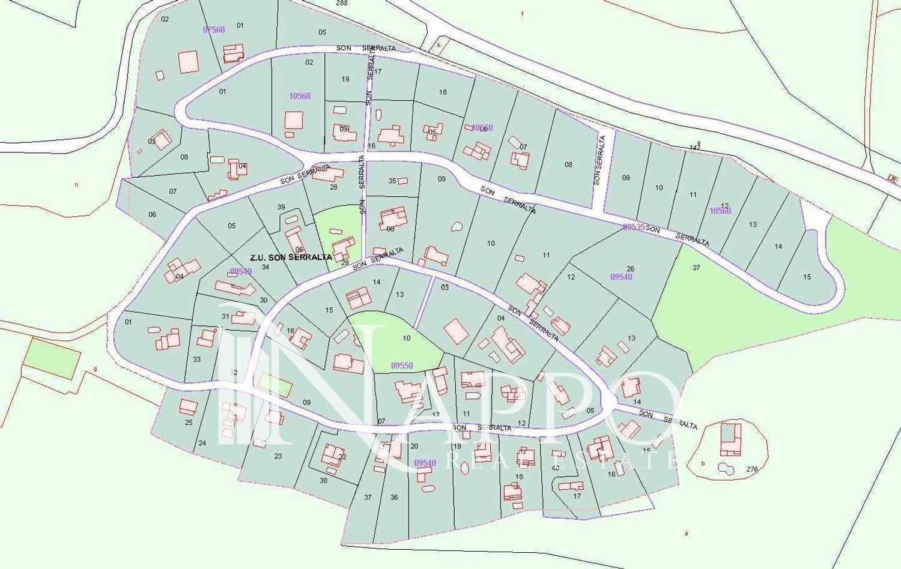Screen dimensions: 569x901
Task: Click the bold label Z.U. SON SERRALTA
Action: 291,257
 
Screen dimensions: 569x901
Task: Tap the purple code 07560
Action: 214,29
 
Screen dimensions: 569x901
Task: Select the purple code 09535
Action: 633,227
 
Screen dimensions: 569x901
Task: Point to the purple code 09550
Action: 402,365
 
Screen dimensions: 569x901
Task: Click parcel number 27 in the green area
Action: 696,268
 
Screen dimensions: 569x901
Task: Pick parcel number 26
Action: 630,268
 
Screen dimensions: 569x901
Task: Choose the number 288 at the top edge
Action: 342,3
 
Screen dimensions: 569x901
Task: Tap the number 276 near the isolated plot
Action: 752,469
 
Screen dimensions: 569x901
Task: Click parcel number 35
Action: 392,181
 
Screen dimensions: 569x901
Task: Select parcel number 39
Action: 281,207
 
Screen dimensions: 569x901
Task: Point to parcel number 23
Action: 278,456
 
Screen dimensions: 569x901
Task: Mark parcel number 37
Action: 368,497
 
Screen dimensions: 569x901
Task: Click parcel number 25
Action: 189,423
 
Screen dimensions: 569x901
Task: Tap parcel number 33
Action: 197,360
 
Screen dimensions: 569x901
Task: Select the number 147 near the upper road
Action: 695,148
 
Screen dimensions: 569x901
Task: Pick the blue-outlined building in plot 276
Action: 730,439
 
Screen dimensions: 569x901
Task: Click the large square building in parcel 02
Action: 189,61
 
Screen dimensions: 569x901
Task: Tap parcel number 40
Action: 555,468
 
